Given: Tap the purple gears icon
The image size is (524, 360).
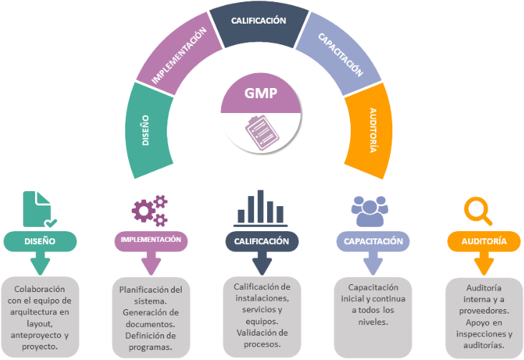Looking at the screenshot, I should pyautogui.click(x=148, y=210).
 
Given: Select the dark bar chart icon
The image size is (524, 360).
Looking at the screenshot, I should pyautogui.click(x=260, y=207).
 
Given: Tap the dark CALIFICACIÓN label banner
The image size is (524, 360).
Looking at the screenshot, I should pyautogui.click(x=261, y=241).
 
